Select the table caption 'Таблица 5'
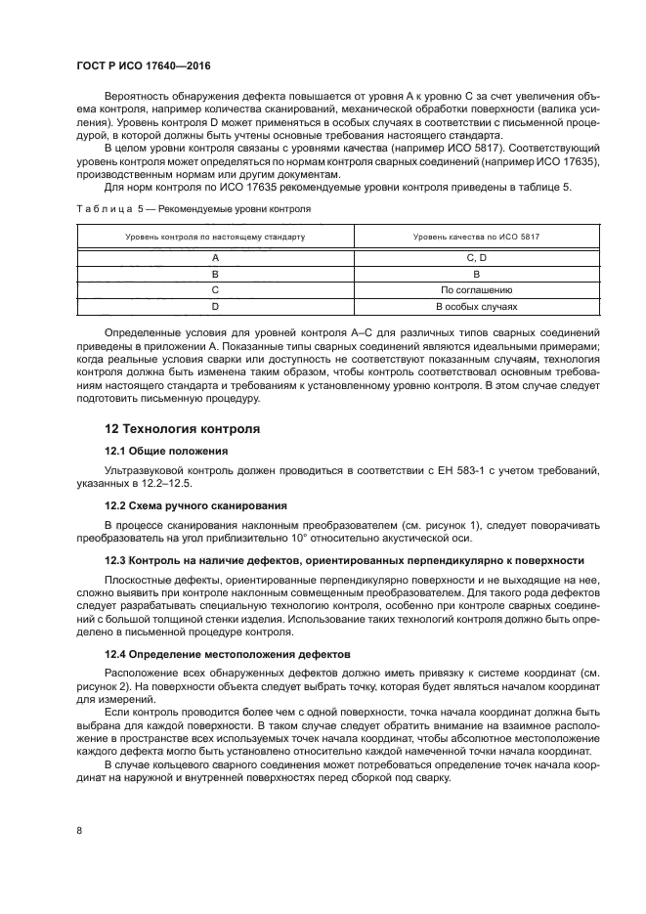click(x=104, y=209)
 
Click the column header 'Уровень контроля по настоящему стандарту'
click(x=214, y=238)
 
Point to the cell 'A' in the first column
click(x=214, y=257)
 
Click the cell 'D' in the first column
click(x=214, y=307)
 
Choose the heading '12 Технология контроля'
click(x=181, y=429)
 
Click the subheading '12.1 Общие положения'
click(x=166, y=451)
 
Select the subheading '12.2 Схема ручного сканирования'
click(x=195, y=505)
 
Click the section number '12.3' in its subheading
click(x=117, y=560)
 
